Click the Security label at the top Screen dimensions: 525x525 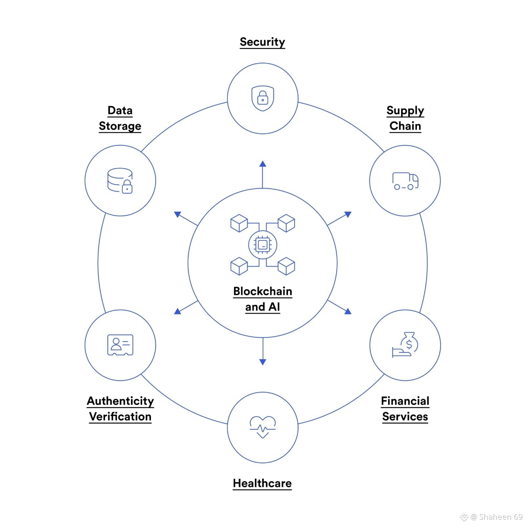pyautogui.click(x=262, y=42)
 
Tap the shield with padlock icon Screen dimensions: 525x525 pyautogui.click(x=262, y=98)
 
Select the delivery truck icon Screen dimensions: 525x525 pyautogui.click(x=405, y=181)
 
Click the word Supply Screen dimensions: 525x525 pyautogui.click(x=405, y=111)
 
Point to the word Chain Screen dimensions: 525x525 pyautogui.click(x=405, y=126)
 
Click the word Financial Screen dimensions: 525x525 pyautogui.click(x=405, y=401)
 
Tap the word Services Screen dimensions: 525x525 pyautogui.click(x=405, y=417)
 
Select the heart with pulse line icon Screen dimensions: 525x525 pyautogui.click(x=262, y=427)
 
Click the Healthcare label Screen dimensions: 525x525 pyautogui.click(x=262, y=483)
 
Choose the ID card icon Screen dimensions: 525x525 pyautogui.click(x=120, y=345)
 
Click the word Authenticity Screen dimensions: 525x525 pyautogui.click(x=120, y=401)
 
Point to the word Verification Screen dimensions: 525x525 pyautogui.click(x=120, y=417)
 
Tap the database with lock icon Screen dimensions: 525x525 pyautogui.click(x=120, y=181)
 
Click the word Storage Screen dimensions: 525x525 pyautogui.click(x=120, y=126)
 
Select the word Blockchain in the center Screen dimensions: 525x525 pyautogui.click(x=262, y=291)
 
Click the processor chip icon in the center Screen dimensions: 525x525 pyautogui.click(x=262, y=245)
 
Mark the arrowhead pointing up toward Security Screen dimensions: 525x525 pyautogui.click(x=262, y=164)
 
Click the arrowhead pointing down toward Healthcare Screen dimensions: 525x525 pyautogui.click(x=262, y=362)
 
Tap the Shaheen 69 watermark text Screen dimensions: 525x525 pyautogui.click(x=500, y=517)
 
